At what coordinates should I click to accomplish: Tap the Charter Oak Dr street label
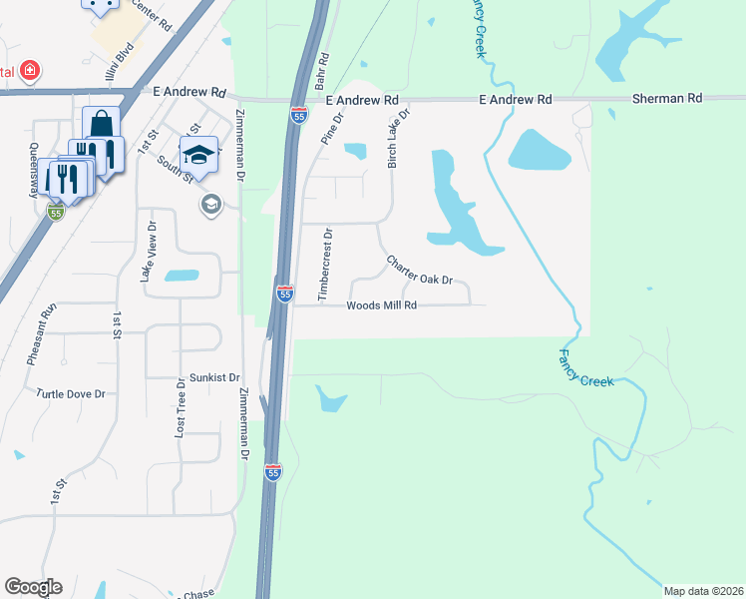[x=420, y=272]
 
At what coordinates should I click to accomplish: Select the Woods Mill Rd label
[x=381, y=305]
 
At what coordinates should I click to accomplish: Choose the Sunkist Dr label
[x=214, y=378]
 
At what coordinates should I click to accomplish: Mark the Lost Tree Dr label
[x=181, y=408]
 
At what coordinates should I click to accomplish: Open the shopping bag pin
[x=102, y=126]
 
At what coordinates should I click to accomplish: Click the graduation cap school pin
[x=198, y=155]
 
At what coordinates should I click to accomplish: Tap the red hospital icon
[x=31, y=71]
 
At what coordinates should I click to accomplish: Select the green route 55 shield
[x=56, y=213]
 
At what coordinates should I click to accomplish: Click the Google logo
[x=33, y=587]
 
